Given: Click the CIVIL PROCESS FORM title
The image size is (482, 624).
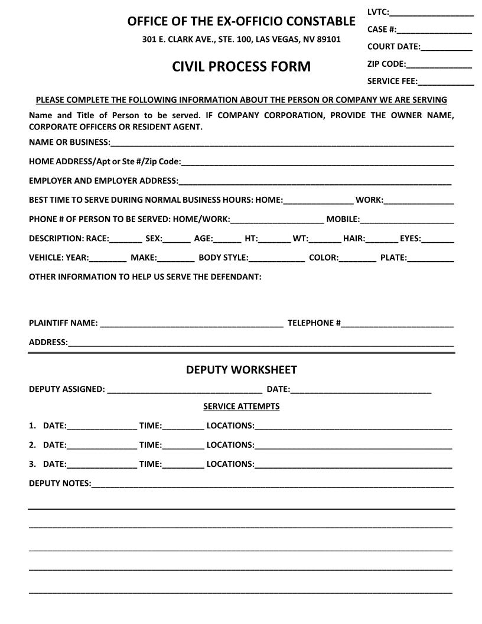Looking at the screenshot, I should click(241, 66).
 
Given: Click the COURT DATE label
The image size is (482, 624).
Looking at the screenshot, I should click(393, 47).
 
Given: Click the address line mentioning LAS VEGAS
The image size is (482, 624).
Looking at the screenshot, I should click(241, 40).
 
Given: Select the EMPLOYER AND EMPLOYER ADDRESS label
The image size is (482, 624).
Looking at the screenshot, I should click(103, 181).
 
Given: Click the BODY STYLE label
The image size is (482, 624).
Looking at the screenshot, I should click(223, 258).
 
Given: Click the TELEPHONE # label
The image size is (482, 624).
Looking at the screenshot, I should click(314, 323).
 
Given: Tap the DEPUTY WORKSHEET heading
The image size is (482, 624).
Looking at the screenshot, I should click(241, 370).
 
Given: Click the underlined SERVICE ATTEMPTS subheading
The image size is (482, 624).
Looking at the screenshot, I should click(241, 407).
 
